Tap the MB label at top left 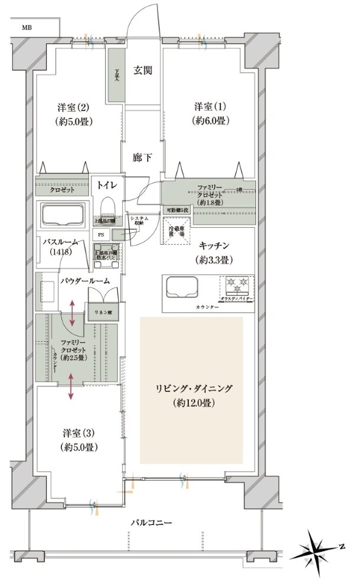point(27,27)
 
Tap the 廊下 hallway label point(142,158)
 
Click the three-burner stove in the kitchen point(237,286)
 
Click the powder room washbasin point(47,292)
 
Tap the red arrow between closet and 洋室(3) point(71,386)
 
